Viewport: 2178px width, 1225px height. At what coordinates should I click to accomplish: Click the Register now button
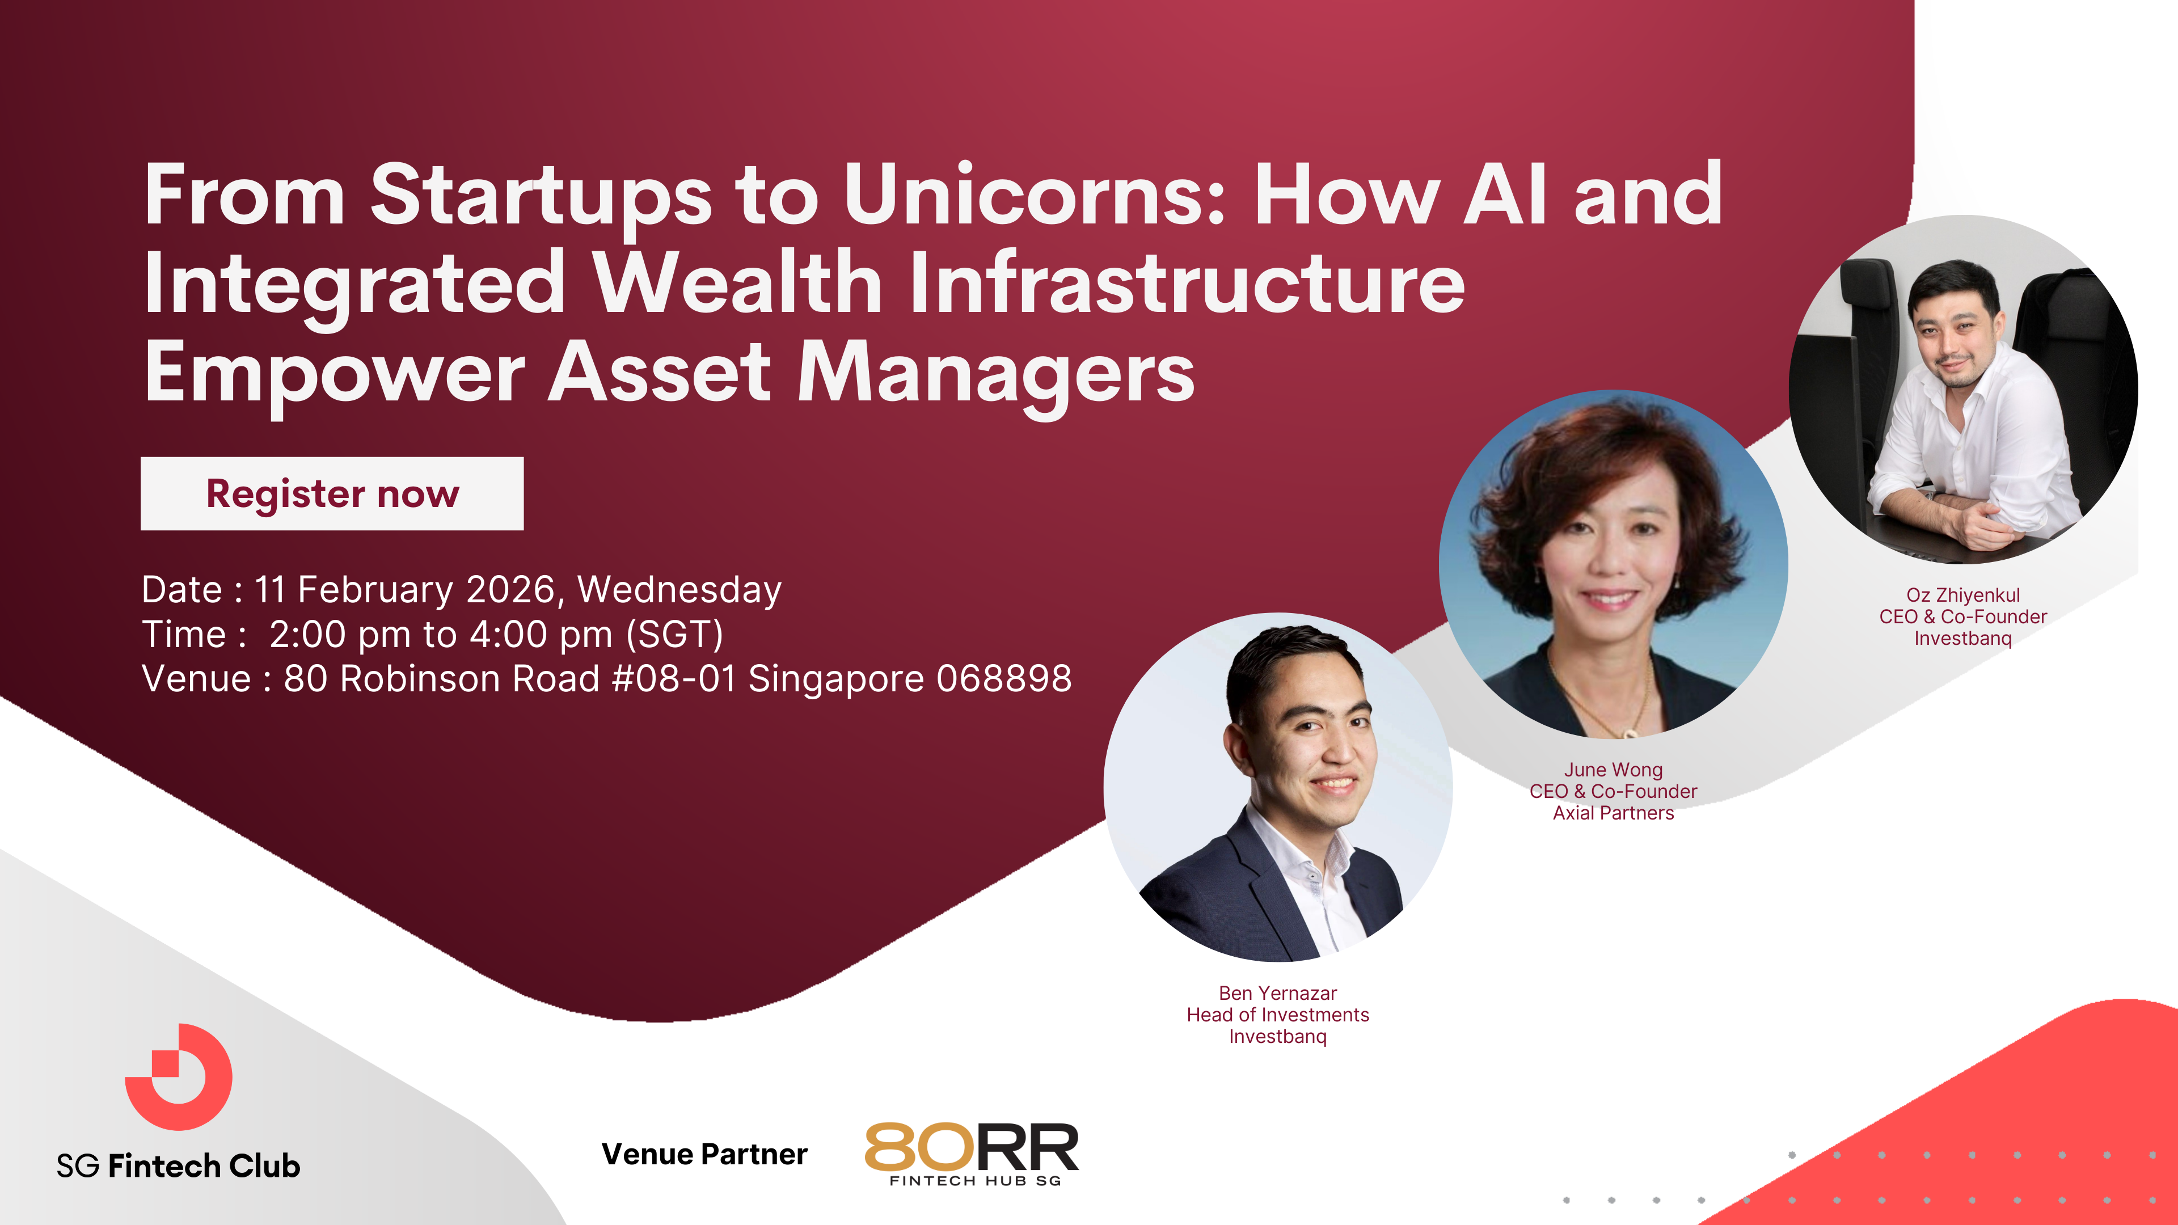(331, 494)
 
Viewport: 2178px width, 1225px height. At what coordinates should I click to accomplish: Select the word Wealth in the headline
(738, 282)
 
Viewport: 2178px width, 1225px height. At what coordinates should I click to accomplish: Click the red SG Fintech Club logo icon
(179, 1077)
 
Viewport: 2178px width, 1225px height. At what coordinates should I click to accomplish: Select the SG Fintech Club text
(179, 1166)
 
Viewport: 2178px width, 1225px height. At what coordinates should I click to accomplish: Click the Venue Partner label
(704, 1154)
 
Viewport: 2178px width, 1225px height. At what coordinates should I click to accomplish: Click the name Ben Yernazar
(1277, 994)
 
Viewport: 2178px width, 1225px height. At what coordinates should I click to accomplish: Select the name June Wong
(1613, 770)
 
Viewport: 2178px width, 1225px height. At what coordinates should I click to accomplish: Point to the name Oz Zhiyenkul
(1962, 595)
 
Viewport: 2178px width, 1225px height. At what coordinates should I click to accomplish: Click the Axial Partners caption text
(1613, 813)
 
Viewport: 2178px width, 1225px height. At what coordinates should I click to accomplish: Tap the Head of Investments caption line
(1277, 1015)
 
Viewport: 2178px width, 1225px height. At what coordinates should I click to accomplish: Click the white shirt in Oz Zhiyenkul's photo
(1978, 440)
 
